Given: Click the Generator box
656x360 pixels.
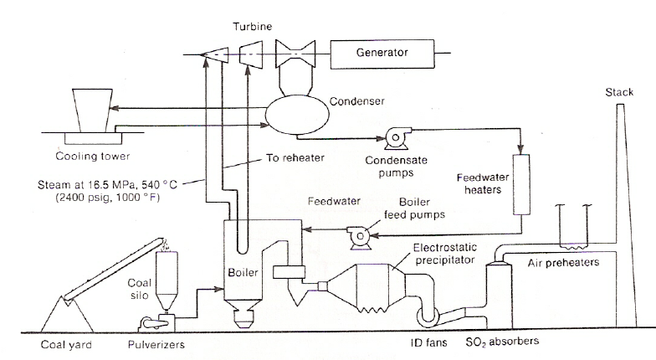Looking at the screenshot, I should click(382, 53).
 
